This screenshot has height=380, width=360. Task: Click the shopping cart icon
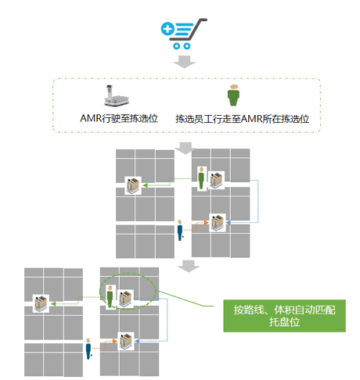coord(184,34)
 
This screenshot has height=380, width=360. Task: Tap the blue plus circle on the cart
coord(167,29)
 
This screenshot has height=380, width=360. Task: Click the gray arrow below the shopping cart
coord(185,62)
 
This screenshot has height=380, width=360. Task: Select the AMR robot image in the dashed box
coord(117,95)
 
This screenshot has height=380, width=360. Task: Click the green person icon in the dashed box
coord(233,95)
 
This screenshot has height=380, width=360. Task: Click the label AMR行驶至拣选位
coord(119,118)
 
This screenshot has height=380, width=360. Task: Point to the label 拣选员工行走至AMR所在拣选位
coord(243,119)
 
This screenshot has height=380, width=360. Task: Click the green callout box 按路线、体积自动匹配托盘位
coord(284,316)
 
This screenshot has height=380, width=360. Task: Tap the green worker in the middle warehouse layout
coord(201,178)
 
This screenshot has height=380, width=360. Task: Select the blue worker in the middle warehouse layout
coord(180,230)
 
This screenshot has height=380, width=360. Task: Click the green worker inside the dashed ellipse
coord(110,296)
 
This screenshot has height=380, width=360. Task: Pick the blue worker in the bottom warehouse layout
coord(88,349)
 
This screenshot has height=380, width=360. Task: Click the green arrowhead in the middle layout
coord(145,185)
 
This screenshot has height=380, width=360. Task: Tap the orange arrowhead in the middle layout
coord(207,223)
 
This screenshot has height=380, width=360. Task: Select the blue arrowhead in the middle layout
coord(229,223)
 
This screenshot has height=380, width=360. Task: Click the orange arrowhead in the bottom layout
coord(115,341)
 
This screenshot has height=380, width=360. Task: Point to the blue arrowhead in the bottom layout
coord(137,341)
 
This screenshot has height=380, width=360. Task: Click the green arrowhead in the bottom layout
coord(53,303)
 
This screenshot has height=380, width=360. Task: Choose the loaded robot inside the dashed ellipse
coord(125,299)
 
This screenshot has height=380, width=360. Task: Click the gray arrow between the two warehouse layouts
coord(189,266)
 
